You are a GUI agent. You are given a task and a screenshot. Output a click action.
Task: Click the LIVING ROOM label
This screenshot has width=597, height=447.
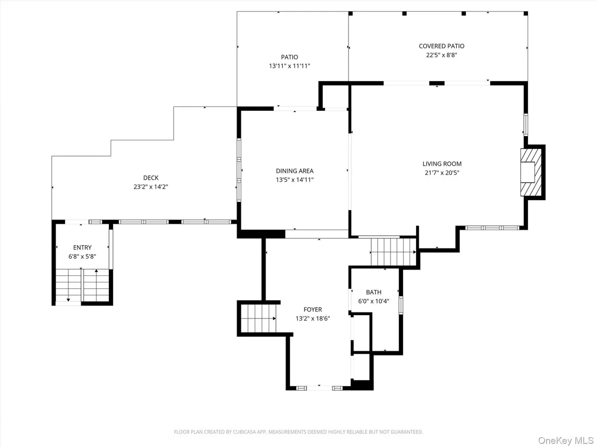click(442, 164)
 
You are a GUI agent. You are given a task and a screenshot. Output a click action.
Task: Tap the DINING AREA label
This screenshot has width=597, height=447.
click(295, 171)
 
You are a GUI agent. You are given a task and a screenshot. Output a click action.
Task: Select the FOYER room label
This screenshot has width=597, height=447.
click(313, 309)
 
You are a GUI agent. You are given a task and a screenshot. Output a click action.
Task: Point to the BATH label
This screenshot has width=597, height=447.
click(373, 292)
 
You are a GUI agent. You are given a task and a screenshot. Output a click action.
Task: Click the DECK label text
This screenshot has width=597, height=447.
click(151, 178)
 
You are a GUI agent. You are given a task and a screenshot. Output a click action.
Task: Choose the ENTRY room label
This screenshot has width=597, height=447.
click(82, 247)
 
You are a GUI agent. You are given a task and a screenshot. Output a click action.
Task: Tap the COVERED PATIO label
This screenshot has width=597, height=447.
click(442, 46)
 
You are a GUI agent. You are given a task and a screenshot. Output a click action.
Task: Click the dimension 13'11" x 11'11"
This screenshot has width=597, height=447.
click(290, 66)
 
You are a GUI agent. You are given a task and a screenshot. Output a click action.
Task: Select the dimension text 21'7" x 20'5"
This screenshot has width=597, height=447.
click(442, 173)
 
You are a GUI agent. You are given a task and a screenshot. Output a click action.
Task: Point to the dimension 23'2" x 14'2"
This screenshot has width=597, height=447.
click(151, 187)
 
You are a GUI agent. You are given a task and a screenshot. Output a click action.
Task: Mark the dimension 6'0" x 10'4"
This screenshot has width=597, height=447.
click(373, 301)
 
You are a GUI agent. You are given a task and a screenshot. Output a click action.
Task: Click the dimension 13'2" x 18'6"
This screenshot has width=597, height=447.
click(313, 318)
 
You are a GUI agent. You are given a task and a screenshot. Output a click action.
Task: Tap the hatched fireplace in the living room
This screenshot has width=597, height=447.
click(531, 172)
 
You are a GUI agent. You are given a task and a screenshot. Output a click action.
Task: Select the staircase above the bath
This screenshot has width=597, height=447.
click(393, 252)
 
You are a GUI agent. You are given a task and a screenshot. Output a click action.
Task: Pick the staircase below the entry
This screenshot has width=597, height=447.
click(82, 285)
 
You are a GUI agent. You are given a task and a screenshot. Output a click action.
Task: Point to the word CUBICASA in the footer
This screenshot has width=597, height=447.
click(244, 432)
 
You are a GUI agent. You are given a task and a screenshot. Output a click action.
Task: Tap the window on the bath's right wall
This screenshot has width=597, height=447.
click(400, 305)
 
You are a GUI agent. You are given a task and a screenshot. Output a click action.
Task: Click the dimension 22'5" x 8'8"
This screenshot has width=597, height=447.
click(442, 55)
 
